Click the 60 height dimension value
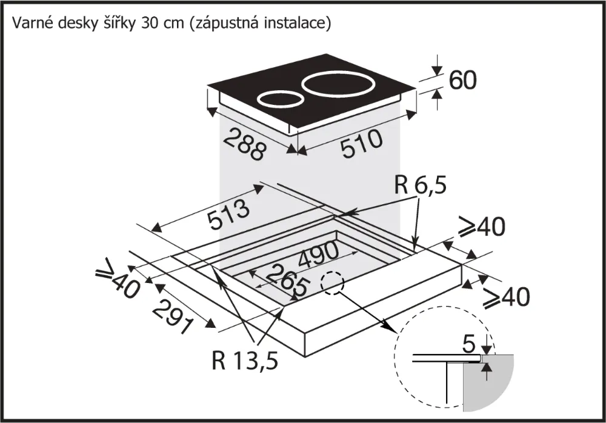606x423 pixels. [463, 81]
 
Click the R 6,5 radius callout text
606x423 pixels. [420, 185]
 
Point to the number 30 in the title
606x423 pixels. [147, 24]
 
